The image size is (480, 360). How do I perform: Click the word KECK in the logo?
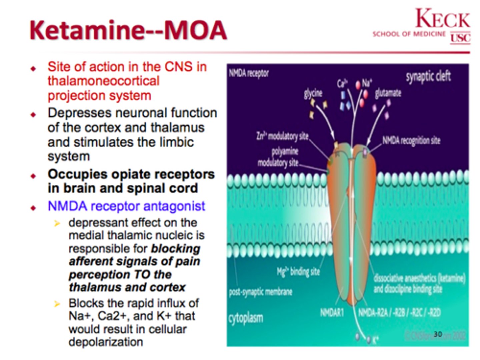coord(443,19)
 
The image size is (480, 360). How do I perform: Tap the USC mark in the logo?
coord(460,38)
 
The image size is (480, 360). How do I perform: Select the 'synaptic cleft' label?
coord(428,76)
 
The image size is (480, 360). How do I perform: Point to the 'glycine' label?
coord(313,93)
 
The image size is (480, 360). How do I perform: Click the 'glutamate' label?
coord(388,93)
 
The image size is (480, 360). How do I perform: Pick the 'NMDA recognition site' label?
coord(411,140)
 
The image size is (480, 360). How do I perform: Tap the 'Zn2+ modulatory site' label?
coord(282,136)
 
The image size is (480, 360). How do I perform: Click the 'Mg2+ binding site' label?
coord(298,272)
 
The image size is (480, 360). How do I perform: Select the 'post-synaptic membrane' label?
coord(260,292)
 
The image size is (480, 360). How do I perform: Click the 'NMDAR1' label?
coord(332,313)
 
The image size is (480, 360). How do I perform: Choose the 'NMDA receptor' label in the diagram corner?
coord(249,73)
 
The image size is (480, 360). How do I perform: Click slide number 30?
coord(438,334)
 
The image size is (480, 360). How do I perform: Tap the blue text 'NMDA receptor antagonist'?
coord(126,206)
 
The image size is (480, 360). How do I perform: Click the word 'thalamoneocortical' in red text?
coord(103,81)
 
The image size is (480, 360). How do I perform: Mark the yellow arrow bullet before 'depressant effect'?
coord(57,223)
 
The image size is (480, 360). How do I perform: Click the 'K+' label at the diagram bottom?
coord(375,340)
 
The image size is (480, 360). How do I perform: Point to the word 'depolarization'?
coord(106,342)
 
